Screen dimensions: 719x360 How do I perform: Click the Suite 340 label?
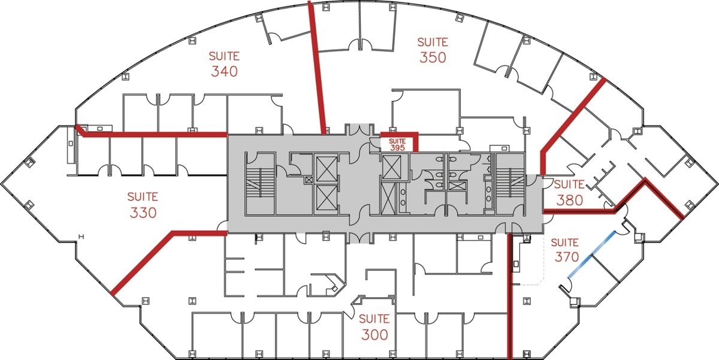click(x=224, y=64)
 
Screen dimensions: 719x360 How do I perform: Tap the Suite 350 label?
click(x=433, y=50)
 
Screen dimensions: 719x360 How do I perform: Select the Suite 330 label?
click(x=143, y=205)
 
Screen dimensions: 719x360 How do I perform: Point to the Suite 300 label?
click(x=374, y=327)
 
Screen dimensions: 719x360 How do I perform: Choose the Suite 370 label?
click(x=567, y=250)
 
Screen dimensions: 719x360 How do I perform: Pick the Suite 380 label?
click(x=569, y=192)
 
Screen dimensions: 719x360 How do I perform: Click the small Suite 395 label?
click(x=397, y=145)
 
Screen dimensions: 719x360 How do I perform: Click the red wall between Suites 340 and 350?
click(x=317, y=67)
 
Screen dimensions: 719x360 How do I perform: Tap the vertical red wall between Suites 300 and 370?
click(x=510, y=296)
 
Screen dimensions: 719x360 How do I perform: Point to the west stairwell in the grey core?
click(x=260, y=183)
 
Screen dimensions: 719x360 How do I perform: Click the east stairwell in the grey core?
click(x=510, y=183)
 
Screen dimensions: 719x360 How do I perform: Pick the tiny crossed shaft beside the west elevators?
click(x=309, y=180)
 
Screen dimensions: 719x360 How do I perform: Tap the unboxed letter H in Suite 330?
click(x=81, y=237)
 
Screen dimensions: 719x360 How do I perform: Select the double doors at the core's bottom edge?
click(x=360, y=237)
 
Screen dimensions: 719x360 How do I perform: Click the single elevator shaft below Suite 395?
click(x=392, y=167)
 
